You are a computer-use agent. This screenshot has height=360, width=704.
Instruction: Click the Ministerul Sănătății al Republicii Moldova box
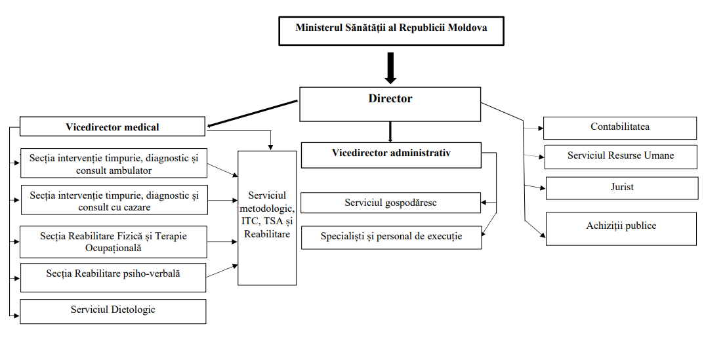391,28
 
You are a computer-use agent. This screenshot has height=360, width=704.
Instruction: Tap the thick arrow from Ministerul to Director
390,68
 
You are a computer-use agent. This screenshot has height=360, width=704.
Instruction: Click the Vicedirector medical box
112,127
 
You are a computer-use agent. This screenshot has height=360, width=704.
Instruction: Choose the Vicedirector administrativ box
391,154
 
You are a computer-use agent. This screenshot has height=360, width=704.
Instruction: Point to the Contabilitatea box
619,127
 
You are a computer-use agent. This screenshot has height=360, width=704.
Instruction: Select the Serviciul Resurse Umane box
621,157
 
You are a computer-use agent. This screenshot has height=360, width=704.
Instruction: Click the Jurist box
621,188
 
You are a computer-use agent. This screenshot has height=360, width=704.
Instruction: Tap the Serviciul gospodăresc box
390,203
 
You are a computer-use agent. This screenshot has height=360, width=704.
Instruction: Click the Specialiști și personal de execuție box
391,237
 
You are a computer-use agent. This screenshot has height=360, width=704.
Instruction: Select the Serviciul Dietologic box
113,310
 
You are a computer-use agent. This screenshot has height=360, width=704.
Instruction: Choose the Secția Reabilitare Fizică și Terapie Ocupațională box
113,242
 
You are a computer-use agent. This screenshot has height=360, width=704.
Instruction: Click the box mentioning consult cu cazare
114,201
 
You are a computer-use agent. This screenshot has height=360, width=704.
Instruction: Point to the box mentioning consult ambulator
114,163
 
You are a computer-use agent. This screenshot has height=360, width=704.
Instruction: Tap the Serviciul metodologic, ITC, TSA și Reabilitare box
266,217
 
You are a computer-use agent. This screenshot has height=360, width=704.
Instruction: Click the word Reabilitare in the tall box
266,234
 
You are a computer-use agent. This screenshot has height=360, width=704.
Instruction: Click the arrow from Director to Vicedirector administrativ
390,131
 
